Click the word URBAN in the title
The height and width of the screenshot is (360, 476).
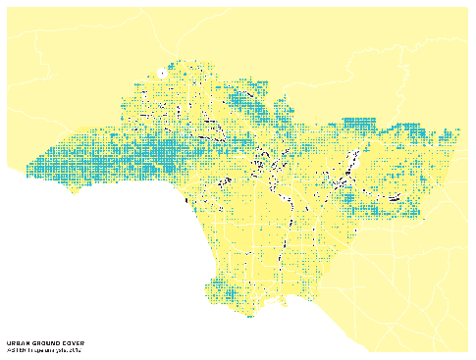click(x=17, y=343)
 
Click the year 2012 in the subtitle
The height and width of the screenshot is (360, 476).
click(x=76, y=350)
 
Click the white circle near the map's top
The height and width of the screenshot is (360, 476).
click(x=161, y=73)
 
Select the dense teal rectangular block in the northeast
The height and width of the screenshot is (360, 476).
click(x=360, y=124)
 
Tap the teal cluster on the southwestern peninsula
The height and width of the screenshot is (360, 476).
click(x=228, y=293)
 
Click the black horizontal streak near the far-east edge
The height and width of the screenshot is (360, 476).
click(x=395, y=198)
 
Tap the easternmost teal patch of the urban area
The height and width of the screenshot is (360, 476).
click(x=454, y=132)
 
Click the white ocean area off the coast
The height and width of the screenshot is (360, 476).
click(x=98, y=265)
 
